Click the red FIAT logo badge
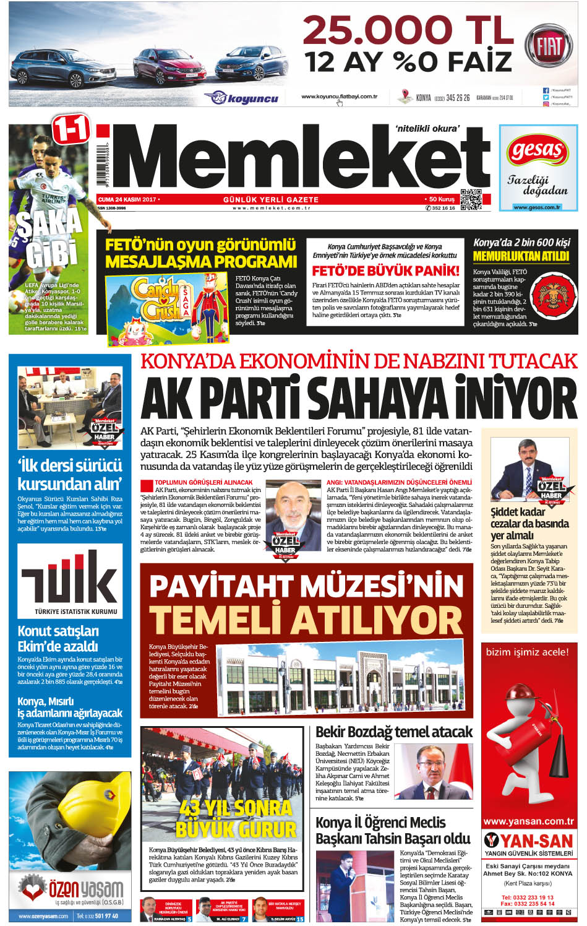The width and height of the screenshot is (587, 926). pyautogui.click(x=548, y=46)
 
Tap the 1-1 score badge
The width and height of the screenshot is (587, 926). pyautogui.click(x=71, y=129)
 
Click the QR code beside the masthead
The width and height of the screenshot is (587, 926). pyautogui.click(x=471, y=199)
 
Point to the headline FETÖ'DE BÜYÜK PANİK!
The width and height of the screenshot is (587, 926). pyautogui.click(x=385, y=270)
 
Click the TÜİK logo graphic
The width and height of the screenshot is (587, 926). pyautogui.click(x=70, y=581)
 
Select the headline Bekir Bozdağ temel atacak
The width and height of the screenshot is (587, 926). pyautogui.click(x=393, y=732)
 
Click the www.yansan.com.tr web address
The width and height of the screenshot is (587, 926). pyautogui.click(x=528, y=821)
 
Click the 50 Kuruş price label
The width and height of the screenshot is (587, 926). pyautogui.click(x=442, y=199)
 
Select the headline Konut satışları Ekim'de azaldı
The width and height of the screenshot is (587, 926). pyautogui.click(x=58, y=639)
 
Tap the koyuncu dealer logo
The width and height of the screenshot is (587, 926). pyautogui.click(x=242, y=98)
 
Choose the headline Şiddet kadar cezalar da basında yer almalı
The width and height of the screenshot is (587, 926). pyautogui.click(x=529, y=524)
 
